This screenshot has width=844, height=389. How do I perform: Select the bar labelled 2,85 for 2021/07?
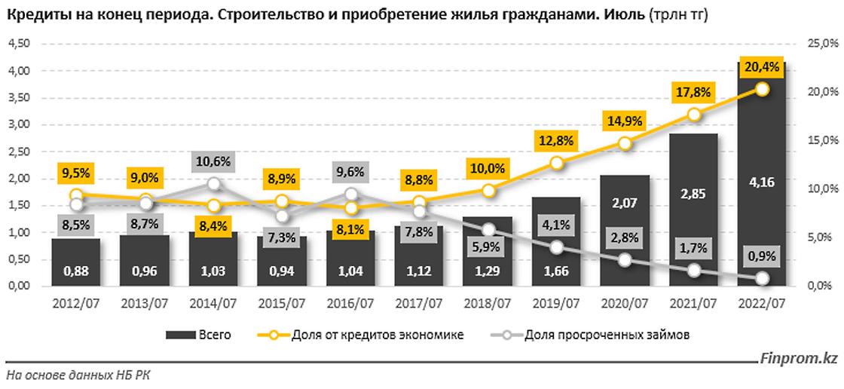694,211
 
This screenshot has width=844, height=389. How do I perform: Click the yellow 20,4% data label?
763,67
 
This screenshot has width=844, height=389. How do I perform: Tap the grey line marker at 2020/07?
625,260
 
